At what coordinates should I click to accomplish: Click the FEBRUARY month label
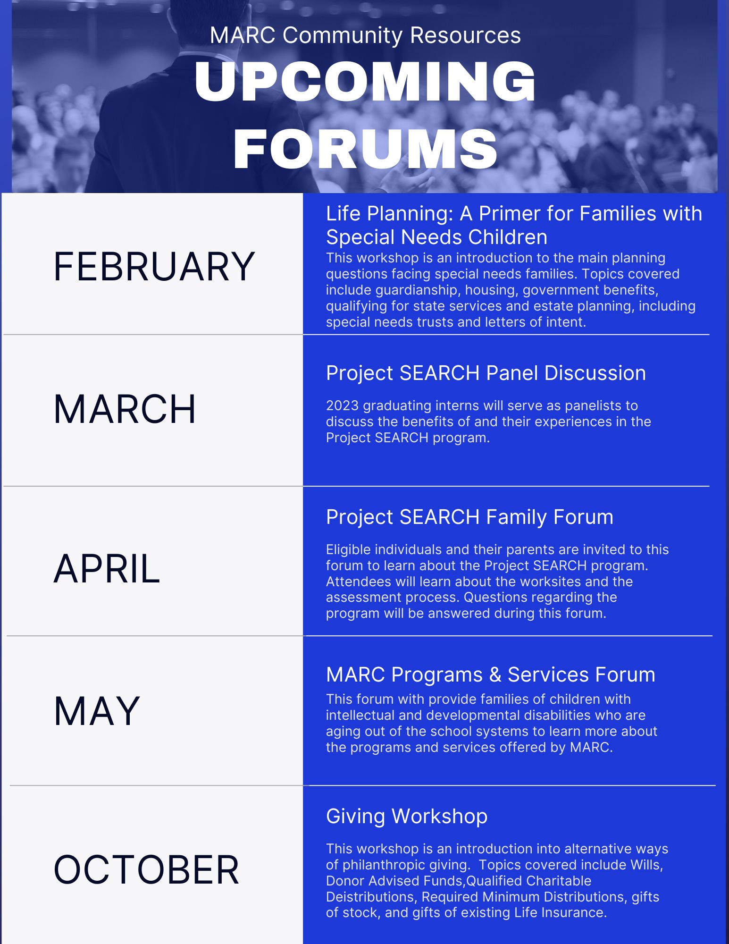[x=154, y=267]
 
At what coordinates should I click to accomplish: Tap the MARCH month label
[x=125, y=409]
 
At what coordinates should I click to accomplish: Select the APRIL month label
[x=107, y=569]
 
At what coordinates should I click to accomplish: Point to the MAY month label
[x=97, y=711]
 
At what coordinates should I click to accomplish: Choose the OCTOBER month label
[x=146, y=869]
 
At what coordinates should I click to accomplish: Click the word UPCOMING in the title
[x=365, y=82]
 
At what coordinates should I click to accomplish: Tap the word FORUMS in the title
[x=365, y=149]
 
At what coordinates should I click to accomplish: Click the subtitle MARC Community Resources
[x=365, y=35]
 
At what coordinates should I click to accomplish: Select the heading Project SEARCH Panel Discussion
[x=486, y=373]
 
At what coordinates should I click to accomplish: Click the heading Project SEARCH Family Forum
[x=469, y=517]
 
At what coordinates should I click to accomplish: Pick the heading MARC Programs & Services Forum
[x=490, y=674]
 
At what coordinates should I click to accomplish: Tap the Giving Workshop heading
[x=407, y=816]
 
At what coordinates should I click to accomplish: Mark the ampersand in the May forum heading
[x=495, y=674]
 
